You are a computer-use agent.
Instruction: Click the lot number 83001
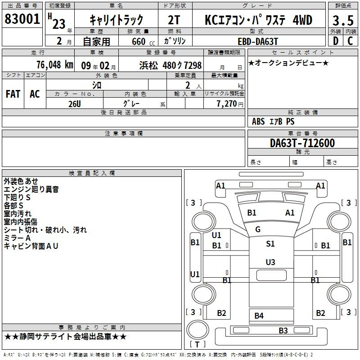22,19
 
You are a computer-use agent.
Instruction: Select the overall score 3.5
343,20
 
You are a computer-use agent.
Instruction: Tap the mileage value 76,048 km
55,65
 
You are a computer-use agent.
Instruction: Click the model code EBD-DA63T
258,41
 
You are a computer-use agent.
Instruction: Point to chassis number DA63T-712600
302,143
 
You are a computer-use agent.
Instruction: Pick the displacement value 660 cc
143,41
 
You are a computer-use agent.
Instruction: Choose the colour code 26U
75,104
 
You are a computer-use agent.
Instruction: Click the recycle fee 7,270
227,103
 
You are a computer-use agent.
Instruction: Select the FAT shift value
13,94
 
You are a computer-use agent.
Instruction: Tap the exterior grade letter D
336,41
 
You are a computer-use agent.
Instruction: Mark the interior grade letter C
350,41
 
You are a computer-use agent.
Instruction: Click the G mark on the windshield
258,229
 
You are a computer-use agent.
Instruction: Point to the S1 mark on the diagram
270,243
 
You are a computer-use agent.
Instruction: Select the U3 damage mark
270,262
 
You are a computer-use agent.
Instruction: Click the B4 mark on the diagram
259,316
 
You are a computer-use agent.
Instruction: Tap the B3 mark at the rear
283,330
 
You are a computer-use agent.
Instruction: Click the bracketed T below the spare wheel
198,344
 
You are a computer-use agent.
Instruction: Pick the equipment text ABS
258,121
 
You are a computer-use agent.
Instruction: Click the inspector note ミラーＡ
17,238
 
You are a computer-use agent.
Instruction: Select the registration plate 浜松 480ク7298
171,65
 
